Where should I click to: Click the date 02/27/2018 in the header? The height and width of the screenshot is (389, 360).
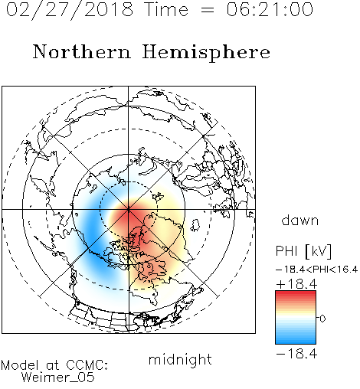coord(70,10)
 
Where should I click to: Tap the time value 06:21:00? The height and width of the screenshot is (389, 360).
coord(270,9)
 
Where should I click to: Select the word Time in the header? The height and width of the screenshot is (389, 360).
coord(166,9)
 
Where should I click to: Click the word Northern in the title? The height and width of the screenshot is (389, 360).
coord(82,51)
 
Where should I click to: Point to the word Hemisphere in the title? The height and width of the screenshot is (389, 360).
coord(206,53)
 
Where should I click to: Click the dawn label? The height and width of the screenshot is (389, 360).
coord(300,220)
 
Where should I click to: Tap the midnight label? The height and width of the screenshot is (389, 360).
coord(180,359)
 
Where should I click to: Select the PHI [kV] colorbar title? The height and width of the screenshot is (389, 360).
coord(303,251)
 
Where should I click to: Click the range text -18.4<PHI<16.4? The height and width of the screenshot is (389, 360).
coord(316,270)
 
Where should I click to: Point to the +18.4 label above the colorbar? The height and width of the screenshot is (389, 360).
coord(296,284)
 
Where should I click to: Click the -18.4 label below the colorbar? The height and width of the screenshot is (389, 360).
coord(296,354)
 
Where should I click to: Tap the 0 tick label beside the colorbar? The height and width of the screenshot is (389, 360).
coord(322,319)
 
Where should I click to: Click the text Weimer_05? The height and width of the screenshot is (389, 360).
coord(58,377)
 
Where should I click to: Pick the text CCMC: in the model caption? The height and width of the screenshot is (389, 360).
coord(87,365)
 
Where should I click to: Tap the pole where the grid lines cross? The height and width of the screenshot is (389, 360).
coord(129,209)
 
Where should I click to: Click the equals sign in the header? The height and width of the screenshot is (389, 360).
coord(208,10)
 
